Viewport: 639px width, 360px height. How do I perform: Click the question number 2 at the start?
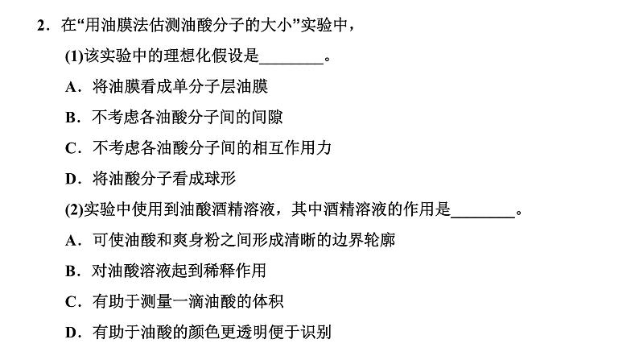tap(41, 25)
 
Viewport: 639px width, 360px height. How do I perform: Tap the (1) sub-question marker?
tap(74, 56)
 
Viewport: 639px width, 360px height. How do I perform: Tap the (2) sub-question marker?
tap(74, 209)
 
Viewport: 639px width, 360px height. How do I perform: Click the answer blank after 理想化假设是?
tap(291, 63)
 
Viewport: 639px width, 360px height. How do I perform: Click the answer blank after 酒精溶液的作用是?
tap(484, 217)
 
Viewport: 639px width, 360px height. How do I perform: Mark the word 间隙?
tap(267, 117)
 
